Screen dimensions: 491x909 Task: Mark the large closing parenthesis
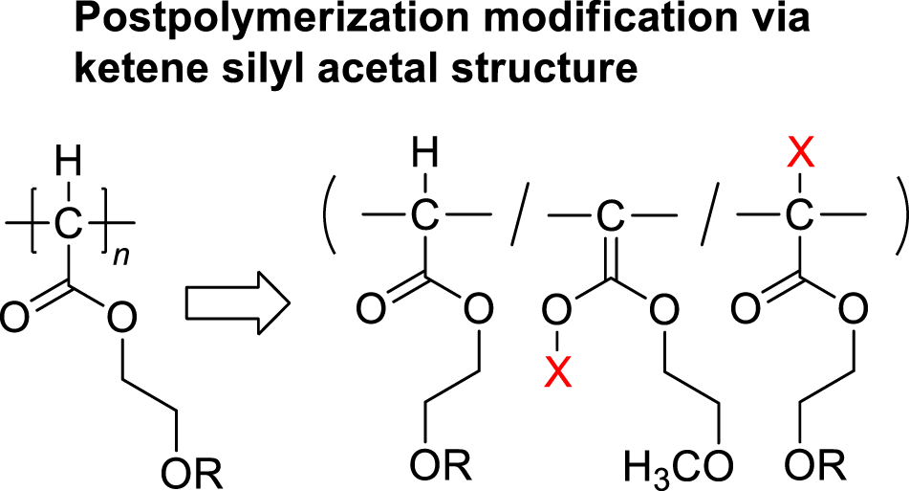895,215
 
